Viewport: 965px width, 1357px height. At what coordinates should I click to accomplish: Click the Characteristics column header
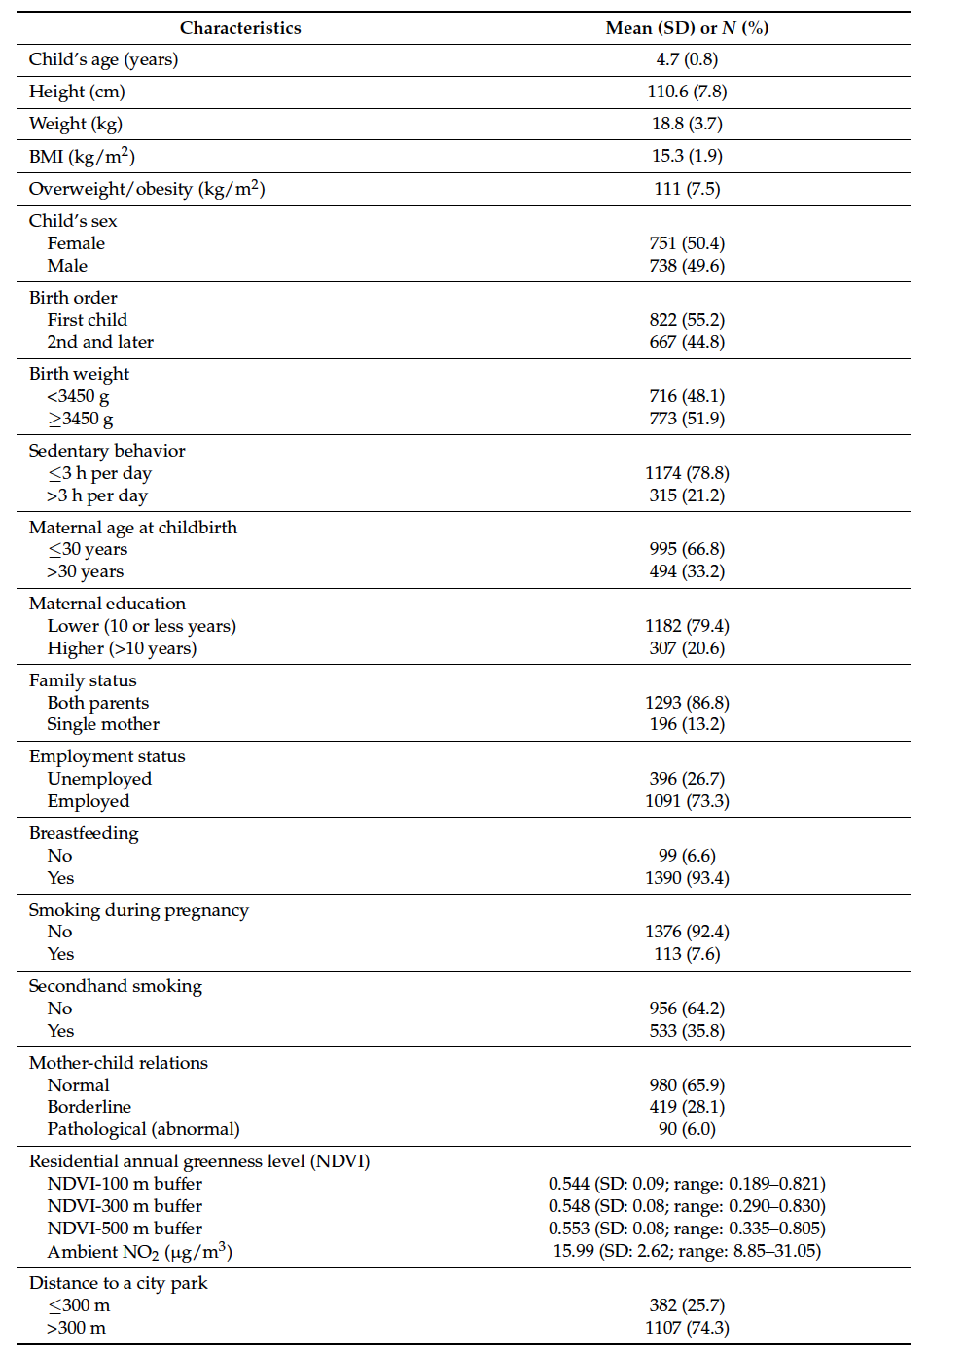pyautogui.click(x=240, y=28)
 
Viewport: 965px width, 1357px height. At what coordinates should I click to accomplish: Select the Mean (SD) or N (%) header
pyautogui.click(x=687, y=28)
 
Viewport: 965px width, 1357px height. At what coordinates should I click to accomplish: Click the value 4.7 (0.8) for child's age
pyautogui.click(x=687, y=59)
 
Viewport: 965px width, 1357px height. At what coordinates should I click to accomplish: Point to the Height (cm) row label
pyautogui.click(x=77, y=92)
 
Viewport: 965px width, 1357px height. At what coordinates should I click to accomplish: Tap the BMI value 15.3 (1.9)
pyautogui.click(x=687, y=156)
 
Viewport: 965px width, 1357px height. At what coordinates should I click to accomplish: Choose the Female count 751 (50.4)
pyautogui.click(x=687, y=243)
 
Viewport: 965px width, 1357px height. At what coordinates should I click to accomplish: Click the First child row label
pyautogui.click(x=87, y=320)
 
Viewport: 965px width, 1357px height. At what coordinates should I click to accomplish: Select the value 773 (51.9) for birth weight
pyautogui.click(x=687, y=419)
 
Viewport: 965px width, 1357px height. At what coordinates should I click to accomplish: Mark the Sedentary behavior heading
pyautogui.click(x=107, y=451)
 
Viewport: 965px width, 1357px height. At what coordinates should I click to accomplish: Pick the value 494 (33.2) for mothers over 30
pyautogui.click(x=687, y=571)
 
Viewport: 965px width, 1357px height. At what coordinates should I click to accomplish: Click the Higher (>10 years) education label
pyautogui.click(x=122, y=648)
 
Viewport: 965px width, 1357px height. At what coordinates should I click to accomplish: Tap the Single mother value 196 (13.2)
pyautogui.click(x=687, y=724)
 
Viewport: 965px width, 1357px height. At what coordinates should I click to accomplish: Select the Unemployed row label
pyautogui.click(x=99, y=779)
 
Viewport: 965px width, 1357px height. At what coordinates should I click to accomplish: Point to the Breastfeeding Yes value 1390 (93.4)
pyautogui.click(x=687, y=878)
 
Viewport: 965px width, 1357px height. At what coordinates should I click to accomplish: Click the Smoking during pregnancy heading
pyautogui.click(x=138, y=910)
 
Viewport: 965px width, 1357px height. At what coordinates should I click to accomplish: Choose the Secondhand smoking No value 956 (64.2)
pyautogui.click(x=687, y=1009)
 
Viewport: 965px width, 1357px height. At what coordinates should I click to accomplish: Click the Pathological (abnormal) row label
pyautogui.click(x=143, y=1129)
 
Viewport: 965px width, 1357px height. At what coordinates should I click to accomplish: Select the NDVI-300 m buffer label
pyautogui.click(x=125, y=1206)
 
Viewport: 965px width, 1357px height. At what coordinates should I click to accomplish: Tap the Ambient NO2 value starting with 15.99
pyautogui.click(x=687, y=1251)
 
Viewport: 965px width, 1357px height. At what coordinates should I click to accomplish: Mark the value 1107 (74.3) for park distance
pyautogui.click(x=687, y=1328)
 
